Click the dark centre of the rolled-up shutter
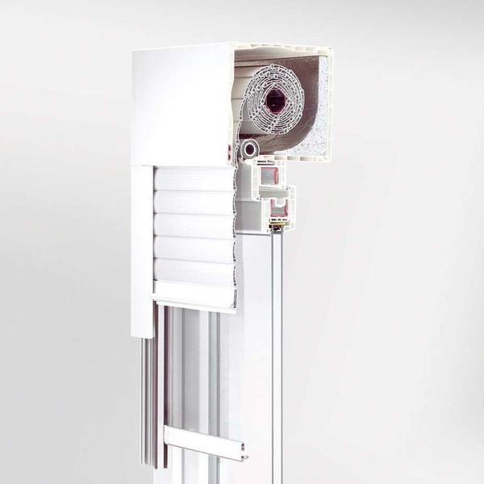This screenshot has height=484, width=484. coord(275,100)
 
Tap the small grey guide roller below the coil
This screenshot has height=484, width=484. coord(249,148)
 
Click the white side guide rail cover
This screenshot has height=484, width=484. coord(142,250)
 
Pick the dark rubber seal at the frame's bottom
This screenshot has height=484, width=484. coord(278,227)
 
